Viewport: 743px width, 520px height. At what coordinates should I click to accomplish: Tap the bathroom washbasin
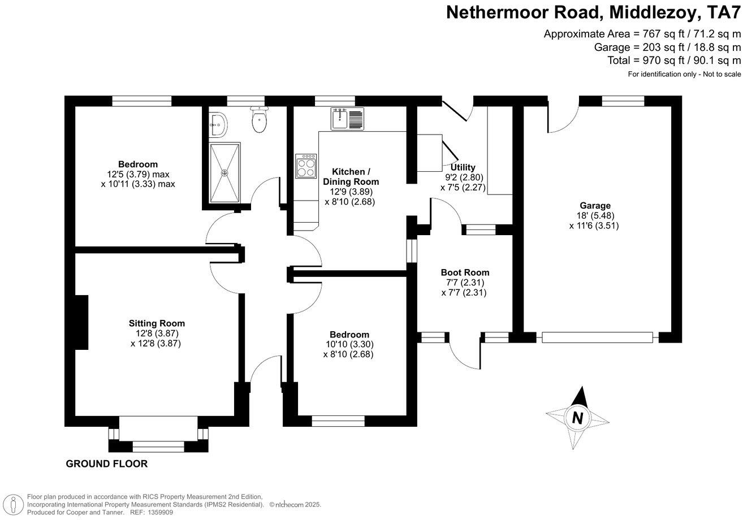pyautogui.click(x=218, y=123)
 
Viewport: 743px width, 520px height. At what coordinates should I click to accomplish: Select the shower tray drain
pyautogui.click(x=225, y=172)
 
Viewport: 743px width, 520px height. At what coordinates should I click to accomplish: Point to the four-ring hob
pyautogui.click(x=306, y=166)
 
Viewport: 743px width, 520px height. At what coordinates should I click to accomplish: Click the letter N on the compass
pyautogui.click(x=577, y=418)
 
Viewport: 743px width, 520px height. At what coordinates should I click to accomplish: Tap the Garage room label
pyautogui.click(x=594, y=206)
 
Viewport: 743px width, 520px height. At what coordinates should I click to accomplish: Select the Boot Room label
pyautogui.click(x=465, y=272)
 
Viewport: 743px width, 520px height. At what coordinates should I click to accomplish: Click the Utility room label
pyautogui.click(x=463, y=167)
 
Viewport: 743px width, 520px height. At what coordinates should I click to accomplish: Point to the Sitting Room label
pyautogui.click(x=157, y=323)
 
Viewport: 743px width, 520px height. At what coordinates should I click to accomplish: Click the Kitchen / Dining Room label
pyautogui.click(x=351, y=176)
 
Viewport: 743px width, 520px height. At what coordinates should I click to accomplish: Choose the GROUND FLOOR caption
pyautogui.click(x=107, y=464)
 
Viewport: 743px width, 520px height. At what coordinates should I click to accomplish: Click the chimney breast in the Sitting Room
pyautogui.click(x=81, y=322)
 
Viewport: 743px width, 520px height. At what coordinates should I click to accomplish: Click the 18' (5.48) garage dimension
pyautogui.click(x=594, y=215)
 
